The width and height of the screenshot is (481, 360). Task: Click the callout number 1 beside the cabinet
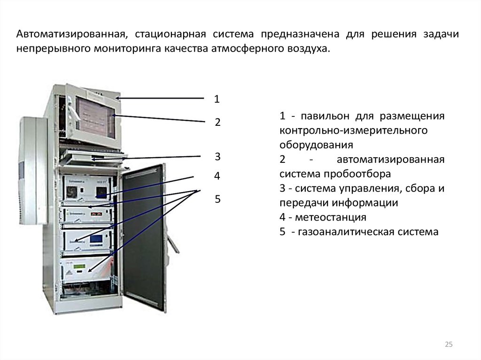[217, 99]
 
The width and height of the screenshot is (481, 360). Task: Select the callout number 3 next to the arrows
[217, 156]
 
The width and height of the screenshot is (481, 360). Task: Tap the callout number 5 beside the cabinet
[217, 199]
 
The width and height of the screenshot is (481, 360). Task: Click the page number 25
[448, 345]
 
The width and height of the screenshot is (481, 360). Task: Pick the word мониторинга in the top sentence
[129, 48]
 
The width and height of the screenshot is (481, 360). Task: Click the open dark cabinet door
[143, 235]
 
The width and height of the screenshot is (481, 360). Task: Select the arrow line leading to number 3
[150, 157]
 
